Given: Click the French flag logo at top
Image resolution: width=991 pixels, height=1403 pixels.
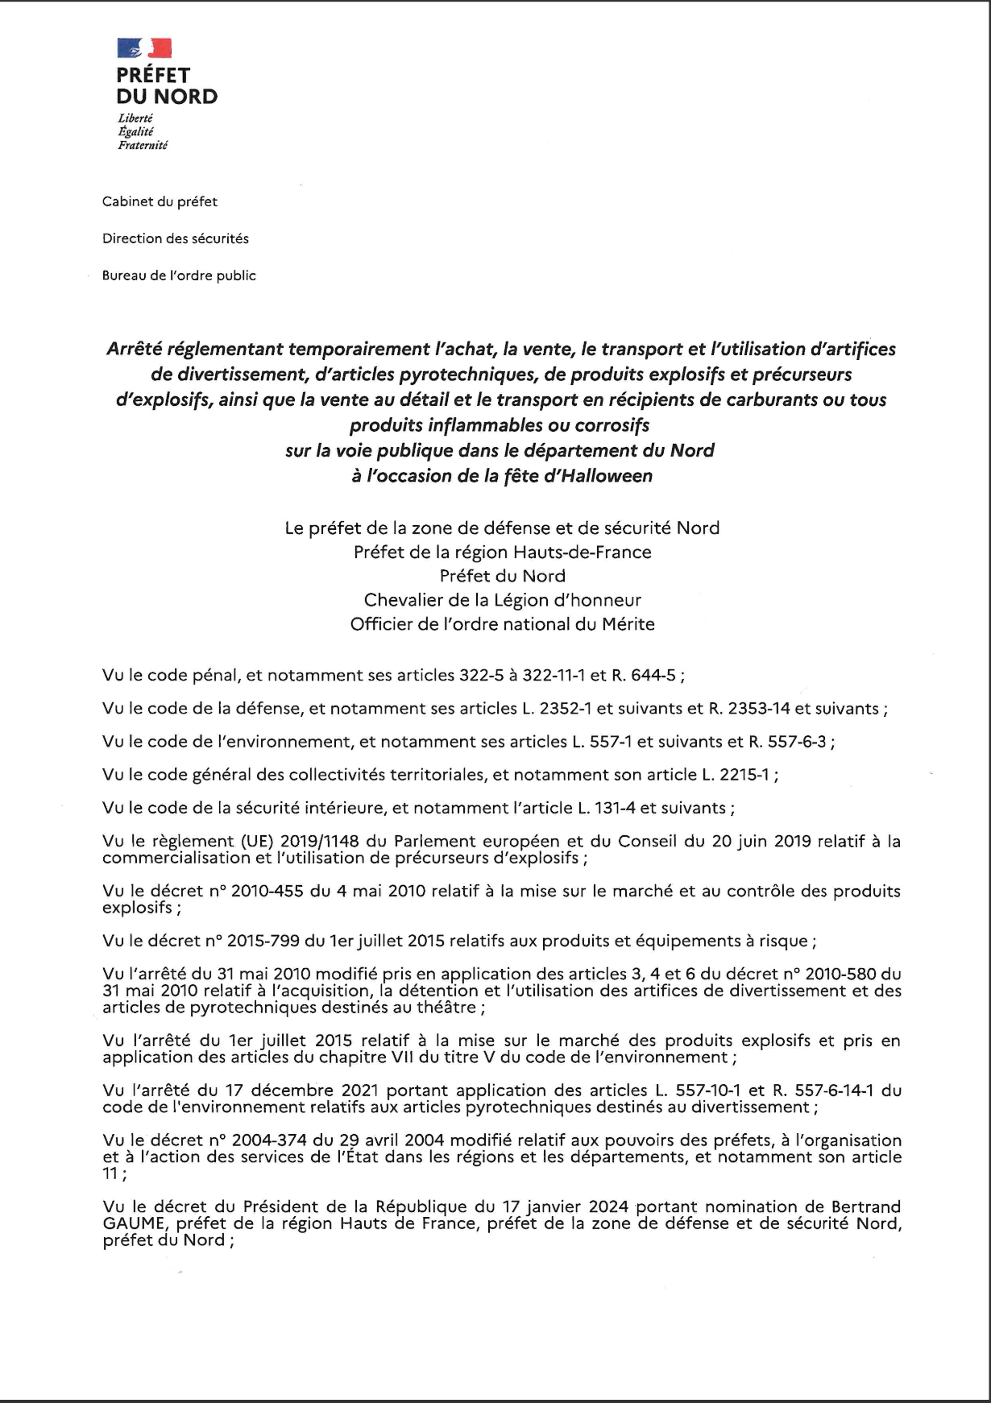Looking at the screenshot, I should tap(144, 48).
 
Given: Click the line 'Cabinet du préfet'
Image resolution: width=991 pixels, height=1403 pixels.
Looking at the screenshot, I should tap(160, 201).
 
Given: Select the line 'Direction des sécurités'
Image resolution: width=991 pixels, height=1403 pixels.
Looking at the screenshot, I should tap(176, 238).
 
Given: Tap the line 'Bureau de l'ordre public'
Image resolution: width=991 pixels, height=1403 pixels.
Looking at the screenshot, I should tap(179, 275).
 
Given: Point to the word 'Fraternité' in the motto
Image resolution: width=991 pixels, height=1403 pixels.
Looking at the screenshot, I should tap(143, 146).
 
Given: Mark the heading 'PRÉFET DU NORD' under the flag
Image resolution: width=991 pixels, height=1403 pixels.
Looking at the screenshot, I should tap(167, 86).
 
